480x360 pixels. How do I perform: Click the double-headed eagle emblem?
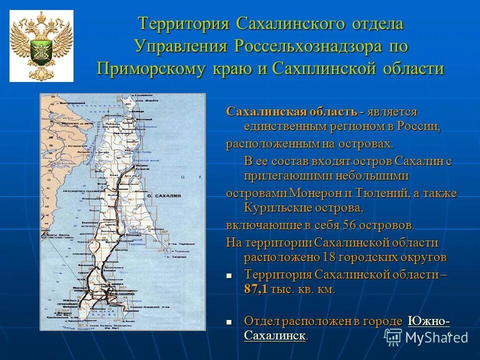click(x=41, y=45)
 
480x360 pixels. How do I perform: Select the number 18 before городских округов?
click(x=325, y=257)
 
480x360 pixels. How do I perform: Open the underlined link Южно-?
click(x=429, y=321)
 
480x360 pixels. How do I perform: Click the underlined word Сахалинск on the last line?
click(x=274, y=335)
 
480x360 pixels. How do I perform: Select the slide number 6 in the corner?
click(x=449, y=334)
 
